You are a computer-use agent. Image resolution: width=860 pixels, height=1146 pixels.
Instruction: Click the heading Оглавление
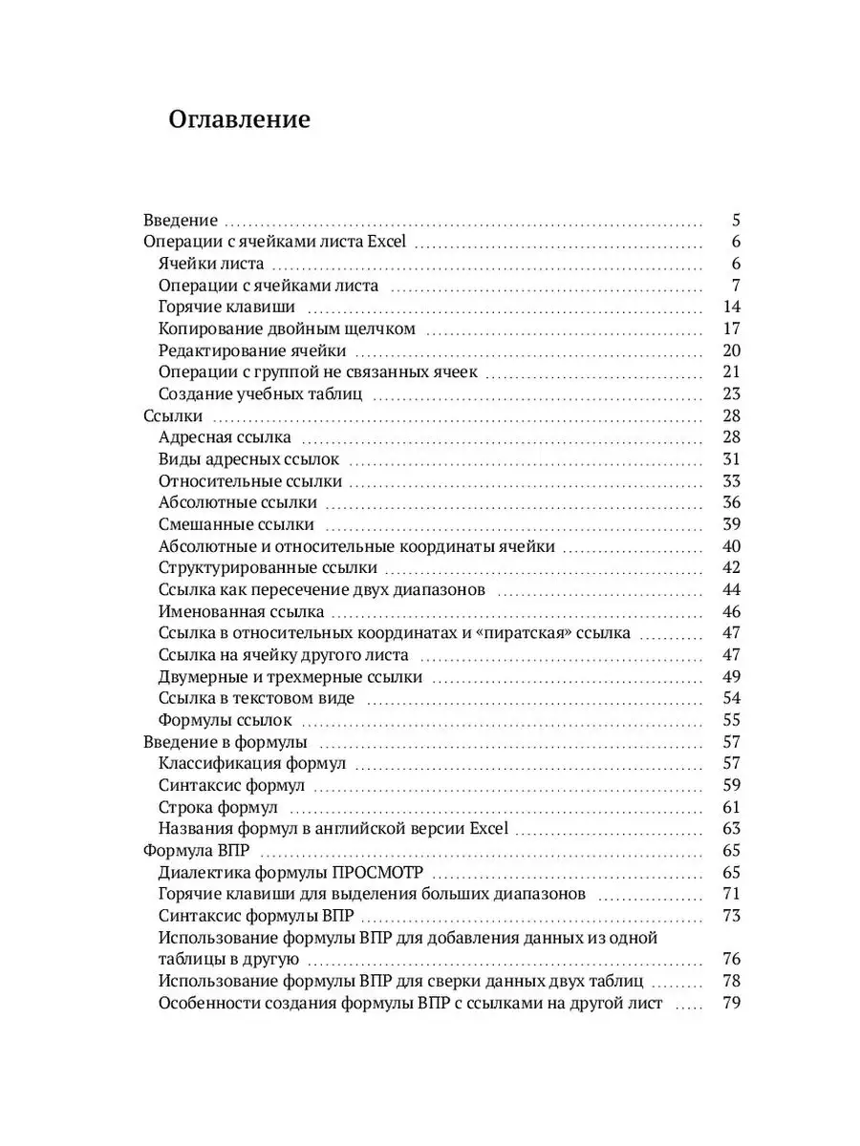point(240,119)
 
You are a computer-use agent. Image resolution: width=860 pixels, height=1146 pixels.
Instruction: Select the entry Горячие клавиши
point(226,308)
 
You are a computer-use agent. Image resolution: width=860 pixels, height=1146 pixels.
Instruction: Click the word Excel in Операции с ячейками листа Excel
point(387,243)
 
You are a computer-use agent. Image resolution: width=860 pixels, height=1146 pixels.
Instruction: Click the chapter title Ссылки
point(170,416)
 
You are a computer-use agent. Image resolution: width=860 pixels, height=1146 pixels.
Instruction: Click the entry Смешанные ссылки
point(236,525)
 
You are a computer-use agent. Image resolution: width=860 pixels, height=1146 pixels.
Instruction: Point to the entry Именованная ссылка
point(242,612)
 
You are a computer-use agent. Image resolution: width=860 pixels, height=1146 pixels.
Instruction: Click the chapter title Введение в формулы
point(225,742)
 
